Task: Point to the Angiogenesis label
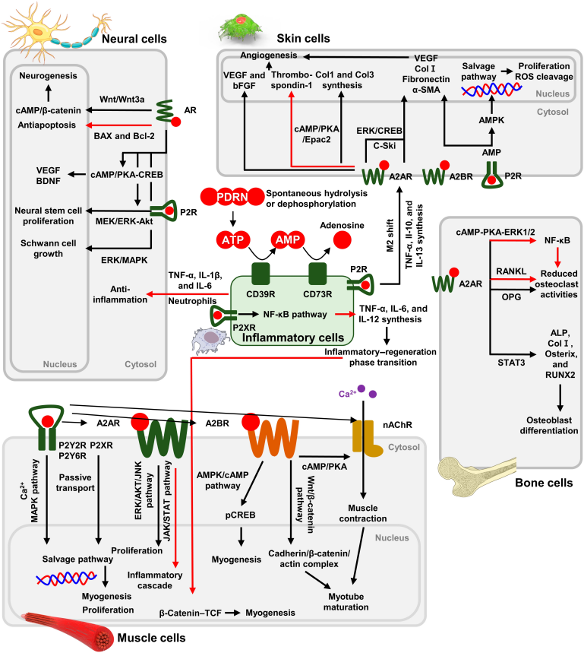(x=273, y=56)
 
